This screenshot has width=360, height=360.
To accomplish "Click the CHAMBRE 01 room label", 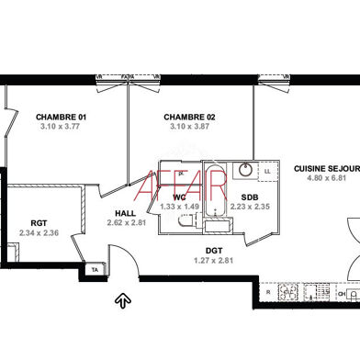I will click(61, 117).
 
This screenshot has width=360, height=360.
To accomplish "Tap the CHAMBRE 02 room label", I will click(189, 117).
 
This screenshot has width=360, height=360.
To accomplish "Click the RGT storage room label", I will click(39, 222).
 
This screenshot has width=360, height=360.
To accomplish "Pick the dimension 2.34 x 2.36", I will click(39, 232).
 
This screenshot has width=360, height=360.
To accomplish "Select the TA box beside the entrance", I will click(95, 270).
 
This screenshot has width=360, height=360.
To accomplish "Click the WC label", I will click(180, 197).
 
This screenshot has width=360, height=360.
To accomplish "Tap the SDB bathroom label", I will click(249, 197).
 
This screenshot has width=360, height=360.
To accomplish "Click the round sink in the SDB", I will click(244, 169).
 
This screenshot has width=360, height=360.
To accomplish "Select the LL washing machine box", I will click(267, 171).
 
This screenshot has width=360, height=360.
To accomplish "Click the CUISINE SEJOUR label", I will click(325, 168).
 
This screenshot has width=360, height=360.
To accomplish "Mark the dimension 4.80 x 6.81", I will click(325, 178).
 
